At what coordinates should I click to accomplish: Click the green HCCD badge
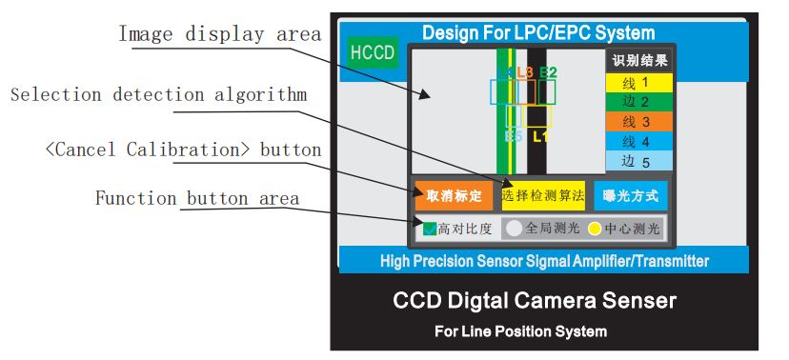tap(372, 52)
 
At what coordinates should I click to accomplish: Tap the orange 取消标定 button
tap(454, 196)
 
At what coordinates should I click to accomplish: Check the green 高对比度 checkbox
tap(430, 229)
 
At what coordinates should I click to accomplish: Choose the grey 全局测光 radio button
tap(514, 229)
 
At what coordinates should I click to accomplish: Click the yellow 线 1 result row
tap(639, 82)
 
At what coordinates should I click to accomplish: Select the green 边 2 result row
tap(639, 102)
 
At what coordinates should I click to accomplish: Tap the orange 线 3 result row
tap(639, 122)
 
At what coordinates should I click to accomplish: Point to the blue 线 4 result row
tap(639, 142)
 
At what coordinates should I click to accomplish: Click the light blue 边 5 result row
tap(639, 162)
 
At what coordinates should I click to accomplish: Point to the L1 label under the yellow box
tap(539, 136)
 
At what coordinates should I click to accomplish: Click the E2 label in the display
tap(548, 71)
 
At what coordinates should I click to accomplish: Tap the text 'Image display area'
tap(219, 35)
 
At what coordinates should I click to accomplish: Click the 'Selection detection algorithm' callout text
tap(158, 94)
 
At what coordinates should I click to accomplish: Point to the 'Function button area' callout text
tap(197, 199)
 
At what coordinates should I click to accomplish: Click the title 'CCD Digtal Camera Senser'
tap(535, 302)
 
